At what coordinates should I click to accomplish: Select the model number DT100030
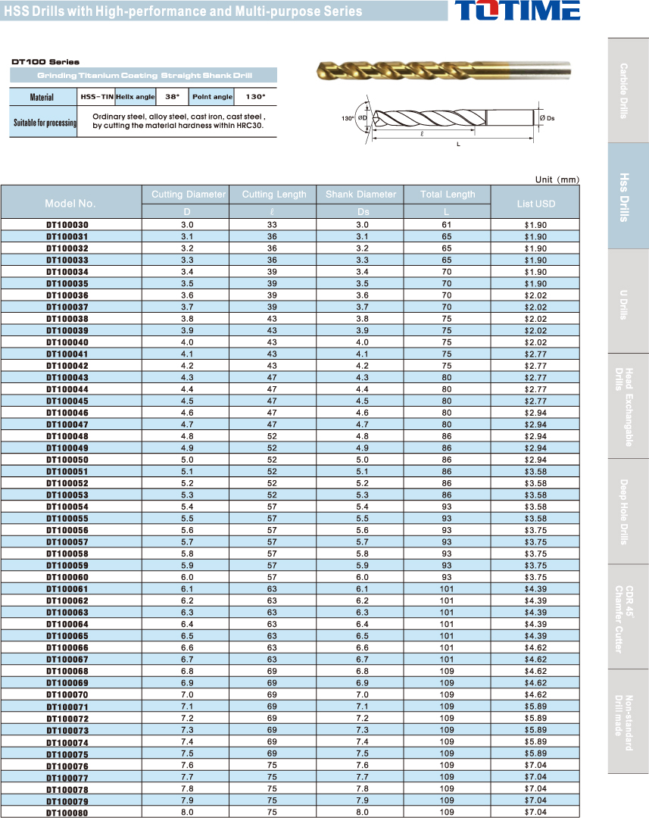click(67, 225)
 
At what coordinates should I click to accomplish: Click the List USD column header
click(535, 204)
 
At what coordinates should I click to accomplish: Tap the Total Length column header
click(448, 195)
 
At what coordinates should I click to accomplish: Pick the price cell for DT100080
click(535, 812)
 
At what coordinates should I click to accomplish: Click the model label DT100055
click(67, 518)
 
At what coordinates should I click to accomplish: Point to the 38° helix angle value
click(172, 97)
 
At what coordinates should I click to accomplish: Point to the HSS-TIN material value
click(96, 97)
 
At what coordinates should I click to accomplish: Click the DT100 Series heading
click(45, 62)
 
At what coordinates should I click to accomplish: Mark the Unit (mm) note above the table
click(557, 179)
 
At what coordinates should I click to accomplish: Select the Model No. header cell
click(70, 204)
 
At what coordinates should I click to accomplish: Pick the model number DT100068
click(67, 671)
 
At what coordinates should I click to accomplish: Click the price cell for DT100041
click(535, 354)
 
